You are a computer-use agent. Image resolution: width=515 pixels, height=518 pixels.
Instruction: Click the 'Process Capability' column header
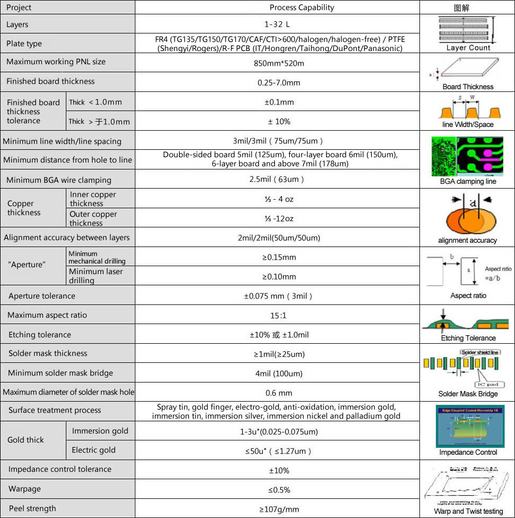point(302,7)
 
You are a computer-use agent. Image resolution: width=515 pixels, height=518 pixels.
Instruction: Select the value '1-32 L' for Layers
point(277,24)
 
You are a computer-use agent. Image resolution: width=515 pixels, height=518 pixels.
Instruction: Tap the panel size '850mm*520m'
point(279,63)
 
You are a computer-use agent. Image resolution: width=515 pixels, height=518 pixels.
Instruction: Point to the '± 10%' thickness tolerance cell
point(279,121)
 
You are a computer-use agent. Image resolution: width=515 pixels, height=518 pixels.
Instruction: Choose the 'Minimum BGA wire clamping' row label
point(59,180)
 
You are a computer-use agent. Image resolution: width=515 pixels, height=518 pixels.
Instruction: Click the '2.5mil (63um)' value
point(277,180)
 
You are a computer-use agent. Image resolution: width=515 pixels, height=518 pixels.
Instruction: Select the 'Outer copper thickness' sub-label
point(93,218)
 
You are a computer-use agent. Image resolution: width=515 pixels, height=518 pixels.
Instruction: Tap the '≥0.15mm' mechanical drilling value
point(279,257)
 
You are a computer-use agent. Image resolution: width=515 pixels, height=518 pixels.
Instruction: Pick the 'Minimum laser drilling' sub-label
point(96,276)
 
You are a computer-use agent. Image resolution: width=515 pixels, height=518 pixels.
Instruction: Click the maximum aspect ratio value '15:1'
point(278,316)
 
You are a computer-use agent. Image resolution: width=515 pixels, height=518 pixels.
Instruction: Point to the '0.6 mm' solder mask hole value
point(279,393)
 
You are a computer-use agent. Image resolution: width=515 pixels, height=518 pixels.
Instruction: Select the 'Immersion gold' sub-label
point(100,431)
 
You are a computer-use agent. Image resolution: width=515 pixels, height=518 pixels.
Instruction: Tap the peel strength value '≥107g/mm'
point(279,509)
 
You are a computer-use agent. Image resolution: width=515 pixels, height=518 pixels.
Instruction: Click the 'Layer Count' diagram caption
point(468,47)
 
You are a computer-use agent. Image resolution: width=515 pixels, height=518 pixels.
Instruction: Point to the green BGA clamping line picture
point(467,156)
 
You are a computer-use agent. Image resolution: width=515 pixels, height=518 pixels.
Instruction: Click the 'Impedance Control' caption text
point(468,452)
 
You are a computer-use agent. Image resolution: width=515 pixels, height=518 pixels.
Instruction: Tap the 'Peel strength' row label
point(32,508)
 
